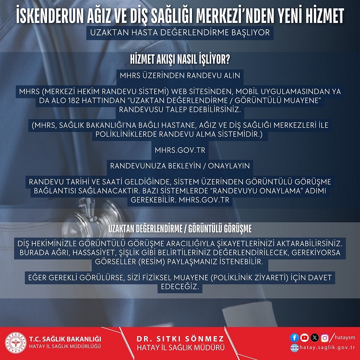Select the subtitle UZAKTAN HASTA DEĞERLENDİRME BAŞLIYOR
point(180,34)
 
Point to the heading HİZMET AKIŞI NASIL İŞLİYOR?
point(180,60)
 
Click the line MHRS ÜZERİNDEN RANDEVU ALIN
point(180,75)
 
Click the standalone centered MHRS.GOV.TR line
point(180,150)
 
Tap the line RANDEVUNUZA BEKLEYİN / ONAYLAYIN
point(180,166)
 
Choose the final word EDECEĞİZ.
point(180,287)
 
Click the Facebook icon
point(295,337)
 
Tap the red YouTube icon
point(304,337)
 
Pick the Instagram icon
point(325,337)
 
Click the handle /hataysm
point(342,337)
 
